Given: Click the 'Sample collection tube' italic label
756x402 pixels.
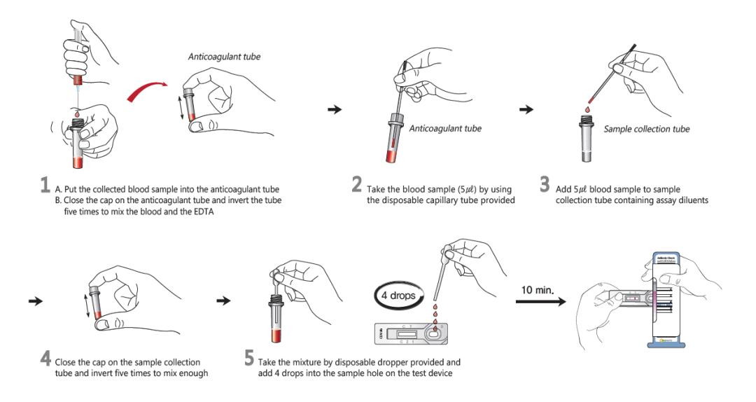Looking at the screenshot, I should [646, 129].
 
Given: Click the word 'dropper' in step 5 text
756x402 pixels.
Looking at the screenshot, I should [396, 362].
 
